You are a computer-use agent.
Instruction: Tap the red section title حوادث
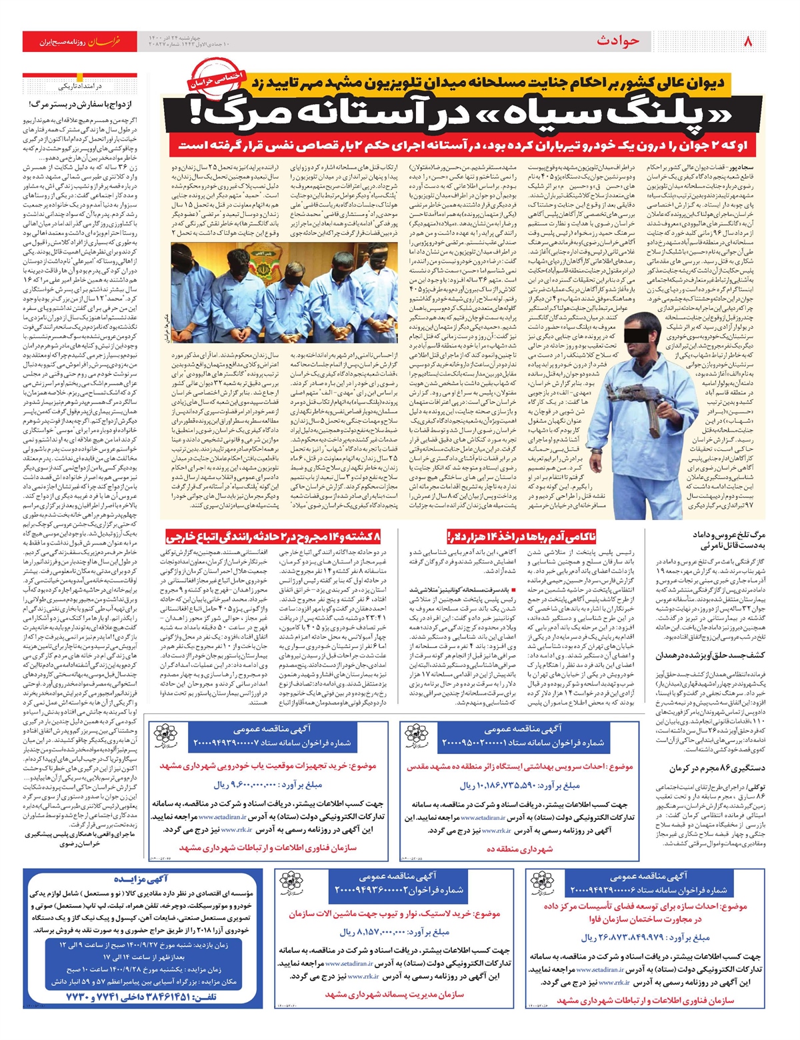[617, 41]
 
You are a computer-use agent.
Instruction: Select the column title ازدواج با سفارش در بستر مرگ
[83, 105]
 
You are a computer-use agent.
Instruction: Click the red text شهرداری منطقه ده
[519, 849]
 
